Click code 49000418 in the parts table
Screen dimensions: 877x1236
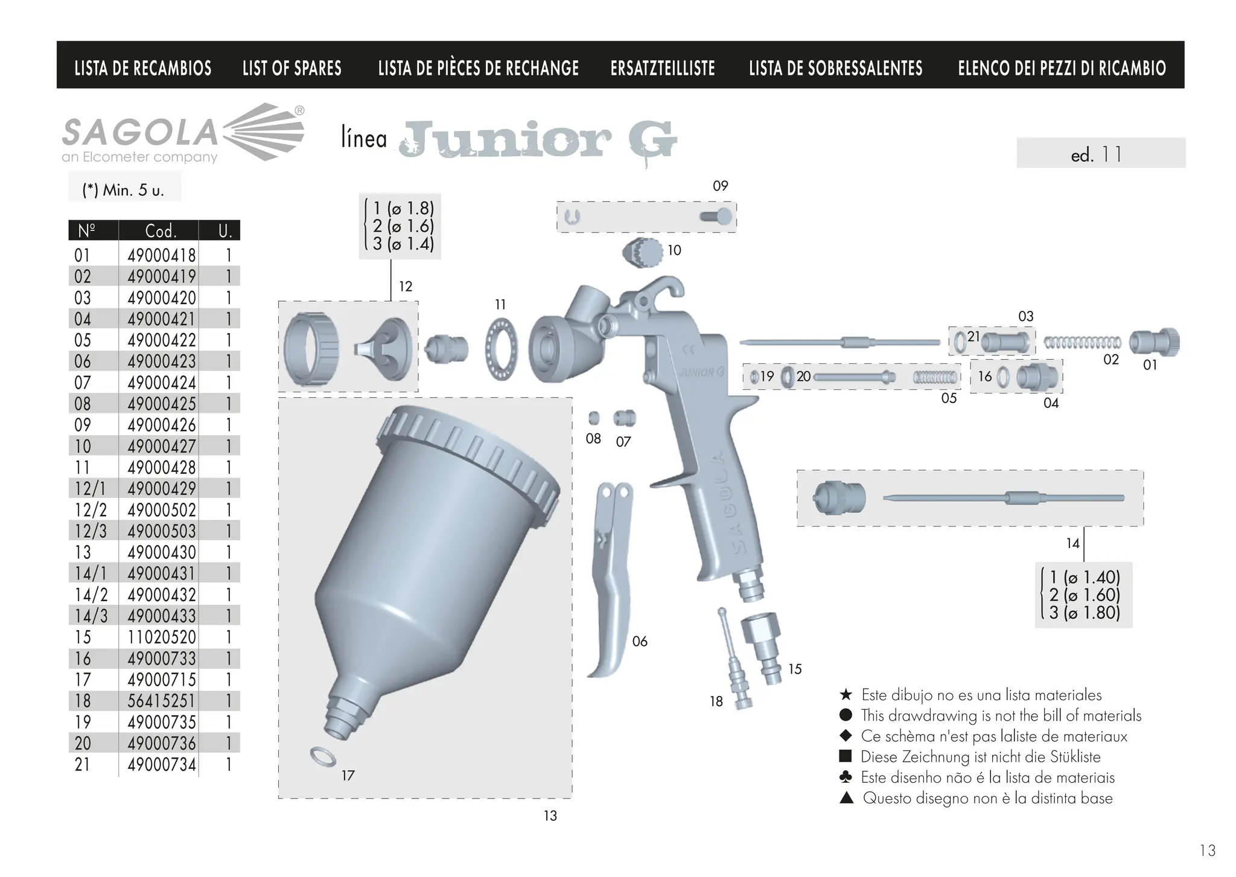tap(161, 255)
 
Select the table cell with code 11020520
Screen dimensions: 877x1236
tap(161, 637)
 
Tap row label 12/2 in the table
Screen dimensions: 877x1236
tap(91, 510)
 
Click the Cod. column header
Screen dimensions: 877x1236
tap(161, 231)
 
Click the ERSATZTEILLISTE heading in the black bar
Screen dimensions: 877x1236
tap(662, 68)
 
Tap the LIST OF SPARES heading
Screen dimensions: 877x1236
tap(291, 68)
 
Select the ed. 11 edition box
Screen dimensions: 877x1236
tap(1100, 153)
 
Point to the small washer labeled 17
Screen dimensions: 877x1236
tap(323, 756)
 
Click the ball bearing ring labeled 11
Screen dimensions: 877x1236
tap(501, 350)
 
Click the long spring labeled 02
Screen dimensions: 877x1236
tap(1081, 343)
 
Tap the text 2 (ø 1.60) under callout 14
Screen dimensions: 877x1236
tap(1085, 595)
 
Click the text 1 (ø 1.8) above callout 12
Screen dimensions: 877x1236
tap(403, 208)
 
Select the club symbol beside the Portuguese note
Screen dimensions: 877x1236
tap(846, 777)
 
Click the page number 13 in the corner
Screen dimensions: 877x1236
tap(1207, 850)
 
